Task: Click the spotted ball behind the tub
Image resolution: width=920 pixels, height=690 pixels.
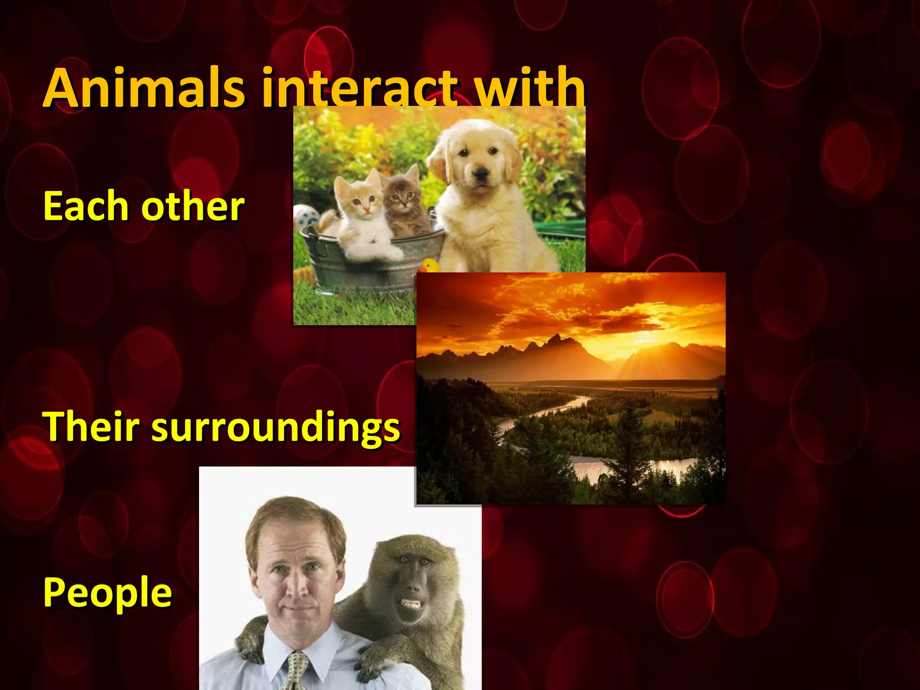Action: pyautogui.click(x=305, y=216)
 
